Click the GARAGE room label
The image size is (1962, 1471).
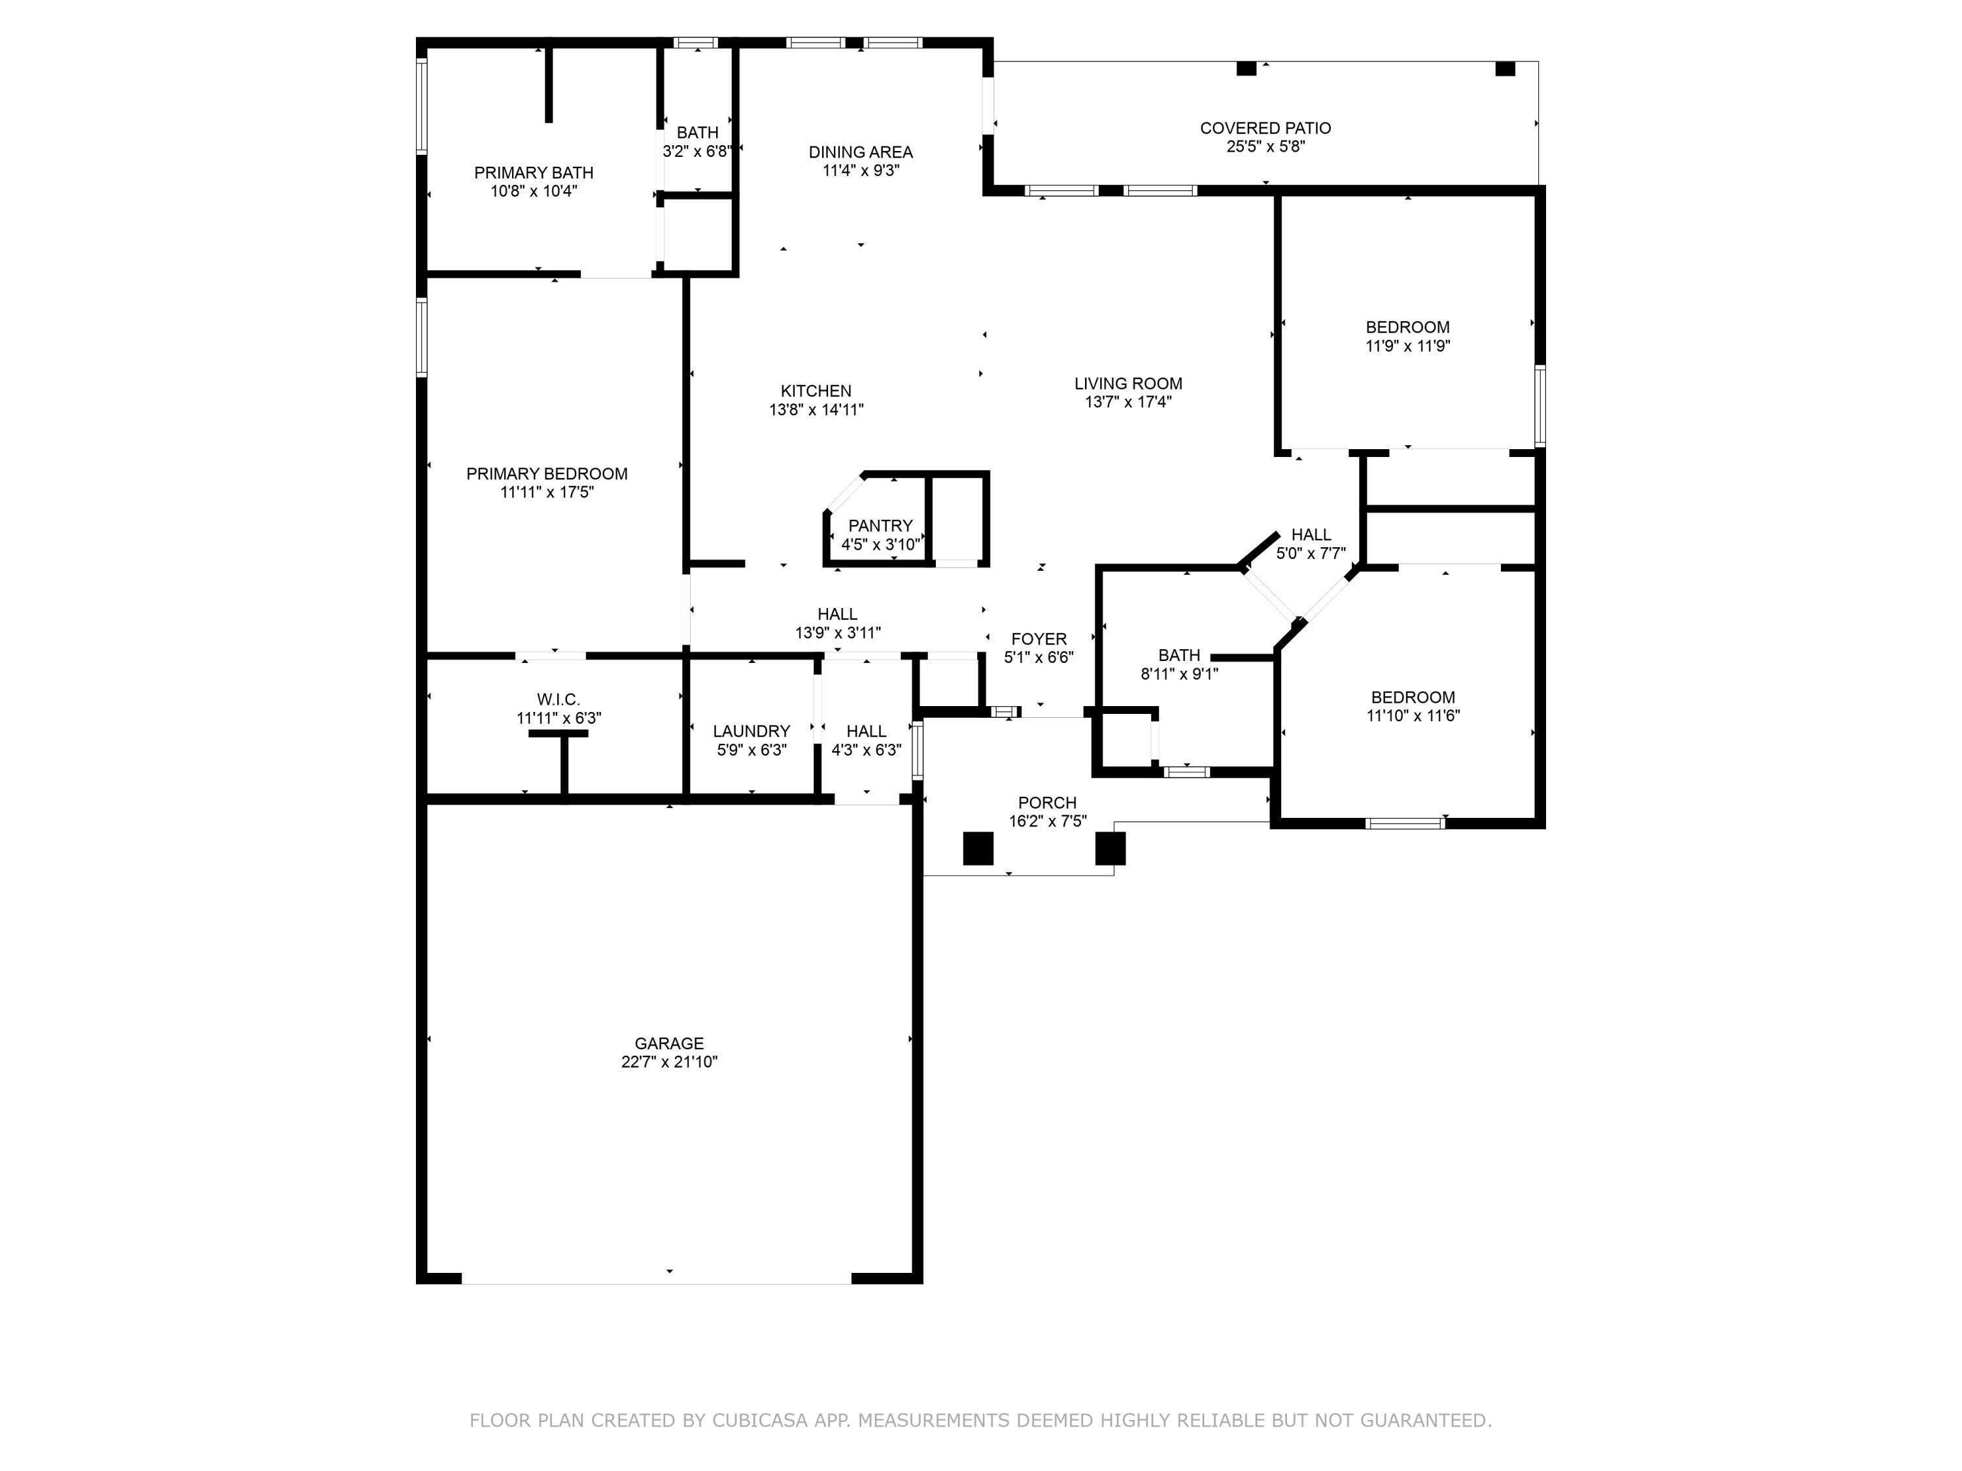(x=669, y=1043)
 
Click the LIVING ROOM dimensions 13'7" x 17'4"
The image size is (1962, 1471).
(x=1128, y=401)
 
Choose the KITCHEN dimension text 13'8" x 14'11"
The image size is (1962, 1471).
(x=816, y=410)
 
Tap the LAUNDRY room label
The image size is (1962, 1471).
(x=751, y=731)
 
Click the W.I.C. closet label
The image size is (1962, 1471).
(x=559, y=700)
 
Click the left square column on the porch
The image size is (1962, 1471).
(x=978, y=849)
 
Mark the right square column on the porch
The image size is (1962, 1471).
(x=1110, y=849)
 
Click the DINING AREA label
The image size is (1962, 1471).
(x=861, y=152)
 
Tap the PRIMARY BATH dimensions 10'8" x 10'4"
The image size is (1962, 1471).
(x=534, y=191)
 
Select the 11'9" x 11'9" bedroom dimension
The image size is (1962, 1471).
(x=1407, y=346)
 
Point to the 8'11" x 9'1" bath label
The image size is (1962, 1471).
(x=1180, y=674)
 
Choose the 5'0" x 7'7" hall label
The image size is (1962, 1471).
(x=1311, y=553)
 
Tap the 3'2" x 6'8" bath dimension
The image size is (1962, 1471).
(x=697, y=152)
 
